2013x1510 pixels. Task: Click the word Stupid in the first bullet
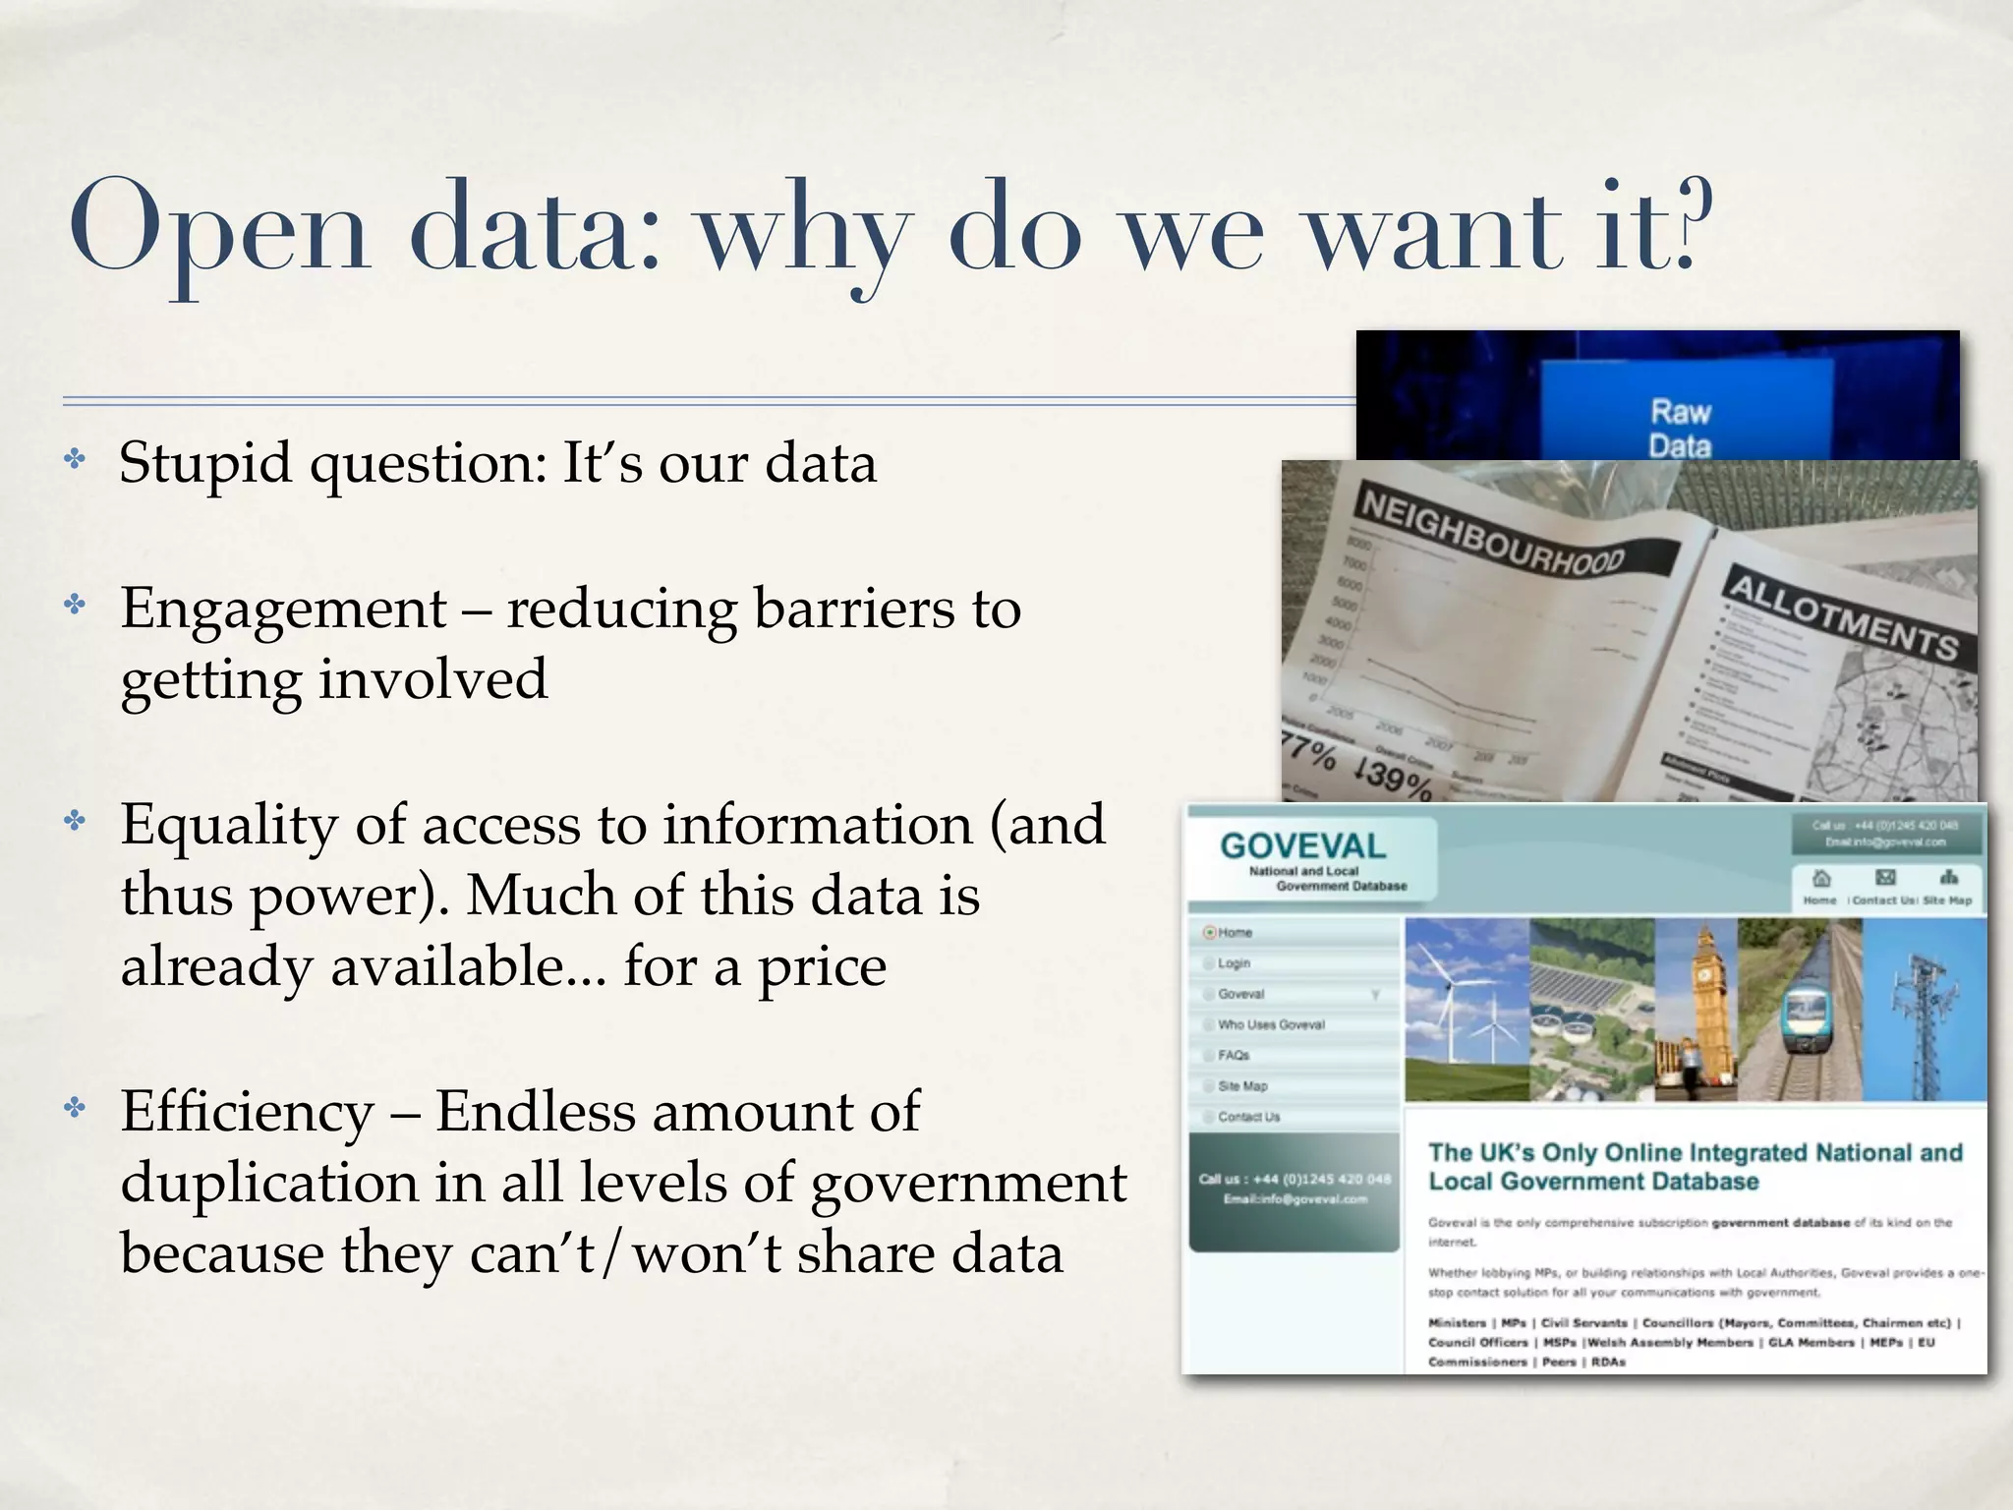205,463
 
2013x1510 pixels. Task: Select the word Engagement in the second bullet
284,609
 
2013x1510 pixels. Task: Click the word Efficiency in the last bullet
247,1113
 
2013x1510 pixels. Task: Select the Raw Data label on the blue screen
1680,428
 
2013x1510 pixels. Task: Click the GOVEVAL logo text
1302,845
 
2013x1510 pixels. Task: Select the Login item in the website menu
1234,963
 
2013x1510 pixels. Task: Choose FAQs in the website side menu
1234,1055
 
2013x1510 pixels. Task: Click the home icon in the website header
1819,878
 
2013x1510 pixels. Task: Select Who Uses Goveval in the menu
1271,1024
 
